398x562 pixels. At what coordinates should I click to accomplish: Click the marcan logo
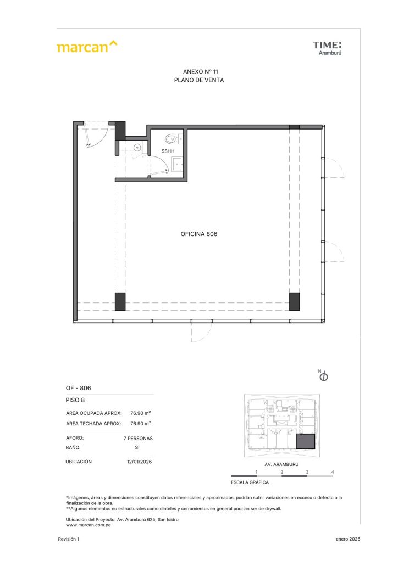pyautogui.click(x=87, y=47)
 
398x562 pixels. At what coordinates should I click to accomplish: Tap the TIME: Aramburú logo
pyautogui.click(x=327, y=48)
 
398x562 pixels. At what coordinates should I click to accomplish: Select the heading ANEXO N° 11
pyautogui.click(x=200, y=72)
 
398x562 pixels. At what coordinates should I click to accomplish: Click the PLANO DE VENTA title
pyautogui.click(x=199, y=80)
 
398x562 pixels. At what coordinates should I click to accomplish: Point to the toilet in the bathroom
pyautogui.click(x=173, y=138)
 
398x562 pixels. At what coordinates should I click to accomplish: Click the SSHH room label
pyautogui.click(x=168, y=151)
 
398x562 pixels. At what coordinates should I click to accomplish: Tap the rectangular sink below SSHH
pyautogui.click(x=178, y=165)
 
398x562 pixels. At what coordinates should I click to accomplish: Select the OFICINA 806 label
pyautogui.click(x=199, y=234)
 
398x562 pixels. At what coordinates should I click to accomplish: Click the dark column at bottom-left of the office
pyautogui.click(x=120, y=301)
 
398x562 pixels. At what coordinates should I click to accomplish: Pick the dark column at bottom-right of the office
pyautogui.click(x=294, y=301)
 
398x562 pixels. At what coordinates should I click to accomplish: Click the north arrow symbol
pyautogui.click(x=323, y=375)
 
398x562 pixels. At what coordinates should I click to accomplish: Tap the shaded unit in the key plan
pyautogui.click(x=306, y=441)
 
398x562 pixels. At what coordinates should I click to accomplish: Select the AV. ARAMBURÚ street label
pyautogui.click(x=281, y=464)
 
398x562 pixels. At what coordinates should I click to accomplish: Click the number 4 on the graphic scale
pyautogui.click(x=333, y=472)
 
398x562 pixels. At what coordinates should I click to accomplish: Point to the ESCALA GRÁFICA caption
pyautogui.click(x=250, y=482)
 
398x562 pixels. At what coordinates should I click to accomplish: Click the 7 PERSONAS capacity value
pyautogui.click(x=138, y=439)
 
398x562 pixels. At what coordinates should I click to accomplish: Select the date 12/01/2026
pyautogui.click(x=139, y=462)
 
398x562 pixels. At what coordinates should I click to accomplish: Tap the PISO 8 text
pyautogui.click(x=75, y=400)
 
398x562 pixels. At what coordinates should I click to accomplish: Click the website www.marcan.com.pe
pyautogui.click(x=89, y=525)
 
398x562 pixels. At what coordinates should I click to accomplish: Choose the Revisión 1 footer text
pyautogui.click(x=69, y=539)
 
